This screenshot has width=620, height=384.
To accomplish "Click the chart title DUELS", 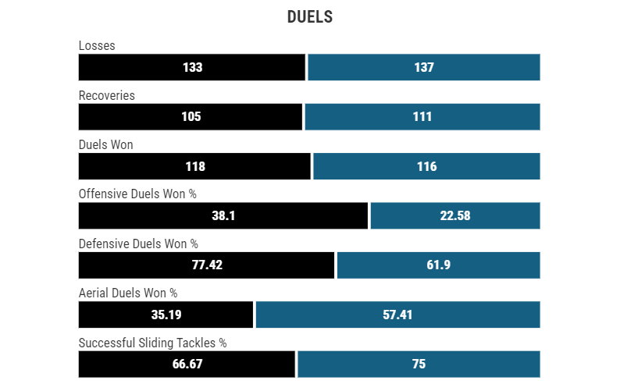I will coord(310,17).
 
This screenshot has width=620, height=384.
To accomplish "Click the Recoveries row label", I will coord(107,95).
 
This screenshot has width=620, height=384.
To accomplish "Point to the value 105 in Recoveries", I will coord(191,117).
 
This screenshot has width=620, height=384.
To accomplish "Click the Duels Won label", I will coord(106,144).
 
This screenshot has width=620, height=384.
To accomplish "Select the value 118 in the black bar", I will coord(194,166).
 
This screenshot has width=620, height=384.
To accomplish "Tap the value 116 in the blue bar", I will coord(426,166).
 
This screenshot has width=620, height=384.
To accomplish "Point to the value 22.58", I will coord(455,215).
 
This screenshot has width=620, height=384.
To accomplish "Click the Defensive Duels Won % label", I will coord(138,244).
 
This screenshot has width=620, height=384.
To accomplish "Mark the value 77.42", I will coord(207,265).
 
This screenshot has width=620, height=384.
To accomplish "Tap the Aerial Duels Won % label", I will coord(128,293).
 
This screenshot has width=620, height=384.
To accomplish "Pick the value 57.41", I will coord(397,315).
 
